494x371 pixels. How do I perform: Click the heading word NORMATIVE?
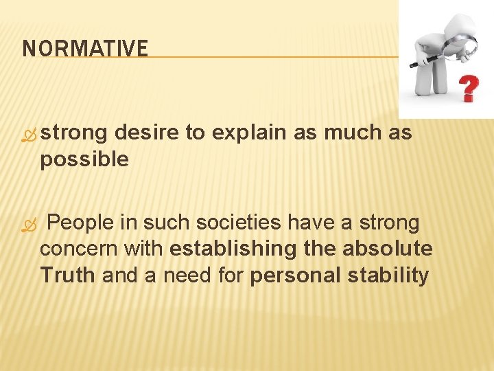point(85,49)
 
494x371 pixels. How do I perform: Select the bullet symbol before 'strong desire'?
point(28,135)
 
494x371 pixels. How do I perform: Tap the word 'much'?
point(352,133)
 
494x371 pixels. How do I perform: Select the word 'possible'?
point(84,160)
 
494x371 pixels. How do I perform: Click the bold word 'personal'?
point(296,276)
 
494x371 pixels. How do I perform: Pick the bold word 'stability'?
point(388,276)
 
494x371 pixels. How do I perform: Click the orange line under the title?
point(274,58)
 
